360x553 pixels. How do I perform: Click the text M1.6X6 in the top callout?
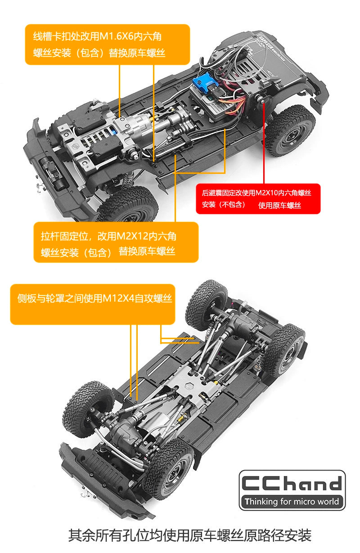(x=117, y=36)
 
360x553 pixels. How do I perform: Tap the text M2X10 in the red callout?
(x=266, y=193)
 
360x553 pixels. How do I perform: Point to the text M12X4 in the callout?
(x=118, y=298)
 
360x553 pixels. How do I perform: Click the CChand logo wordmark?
(x=292, y=483)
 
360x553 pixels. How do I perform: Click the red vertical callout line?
(x=264, y=143)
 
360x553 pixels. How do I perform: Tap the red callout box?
(x=258, y=199)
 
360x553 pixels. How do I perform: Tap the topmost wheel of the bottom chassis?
(x=206, y=305)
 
